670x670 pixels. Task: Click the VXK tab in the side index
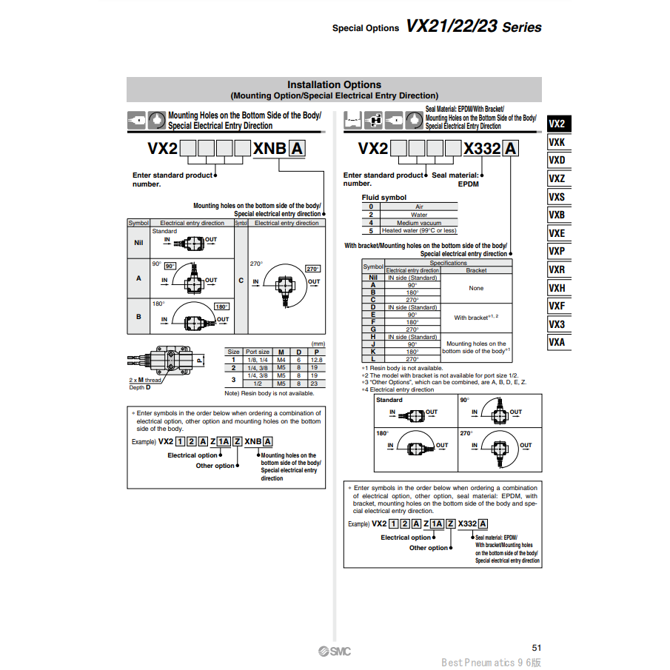[x=557, y=142]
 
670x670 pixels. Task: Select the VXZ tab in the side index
[x=557, y=178]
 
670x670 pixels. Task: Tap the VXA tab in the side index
[x=557, y=342]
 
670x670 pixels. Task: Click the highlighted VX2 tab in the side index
[x=557, y=124]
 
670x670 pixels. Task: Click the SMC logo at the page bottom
[x=335, y=651]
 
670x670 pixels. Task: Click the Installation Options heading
[x=334, y=84]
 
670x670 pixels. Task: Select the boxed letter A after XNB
[x=296, y=148]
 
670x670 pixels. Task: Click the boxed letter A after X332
[x=511, y=148]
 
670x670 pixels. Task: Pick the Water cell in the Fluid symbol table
[x=419, y=215]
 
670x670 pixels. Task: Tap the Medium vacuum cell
[x=419, y=223]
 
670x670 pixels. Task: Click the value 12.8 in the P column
[x=317, y=359]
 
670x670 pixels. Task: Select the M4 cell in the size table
[x=281, y=359]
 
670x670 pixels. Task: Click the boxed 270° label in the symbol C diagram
[x=312, y=269]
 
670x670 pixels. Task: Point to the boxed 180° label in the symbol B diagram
[x=221, y=306]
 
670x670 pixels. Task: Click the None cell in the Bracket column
[x=476, y=288]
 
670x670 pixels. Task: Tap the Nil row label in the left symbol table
[x=138, y=242]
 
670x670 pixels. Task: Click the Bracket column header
[x=476, y=270]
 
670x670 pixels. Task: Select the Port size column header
[x=258, y=352]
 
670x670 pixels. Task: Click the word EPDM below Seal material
[x=468, y=184]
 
